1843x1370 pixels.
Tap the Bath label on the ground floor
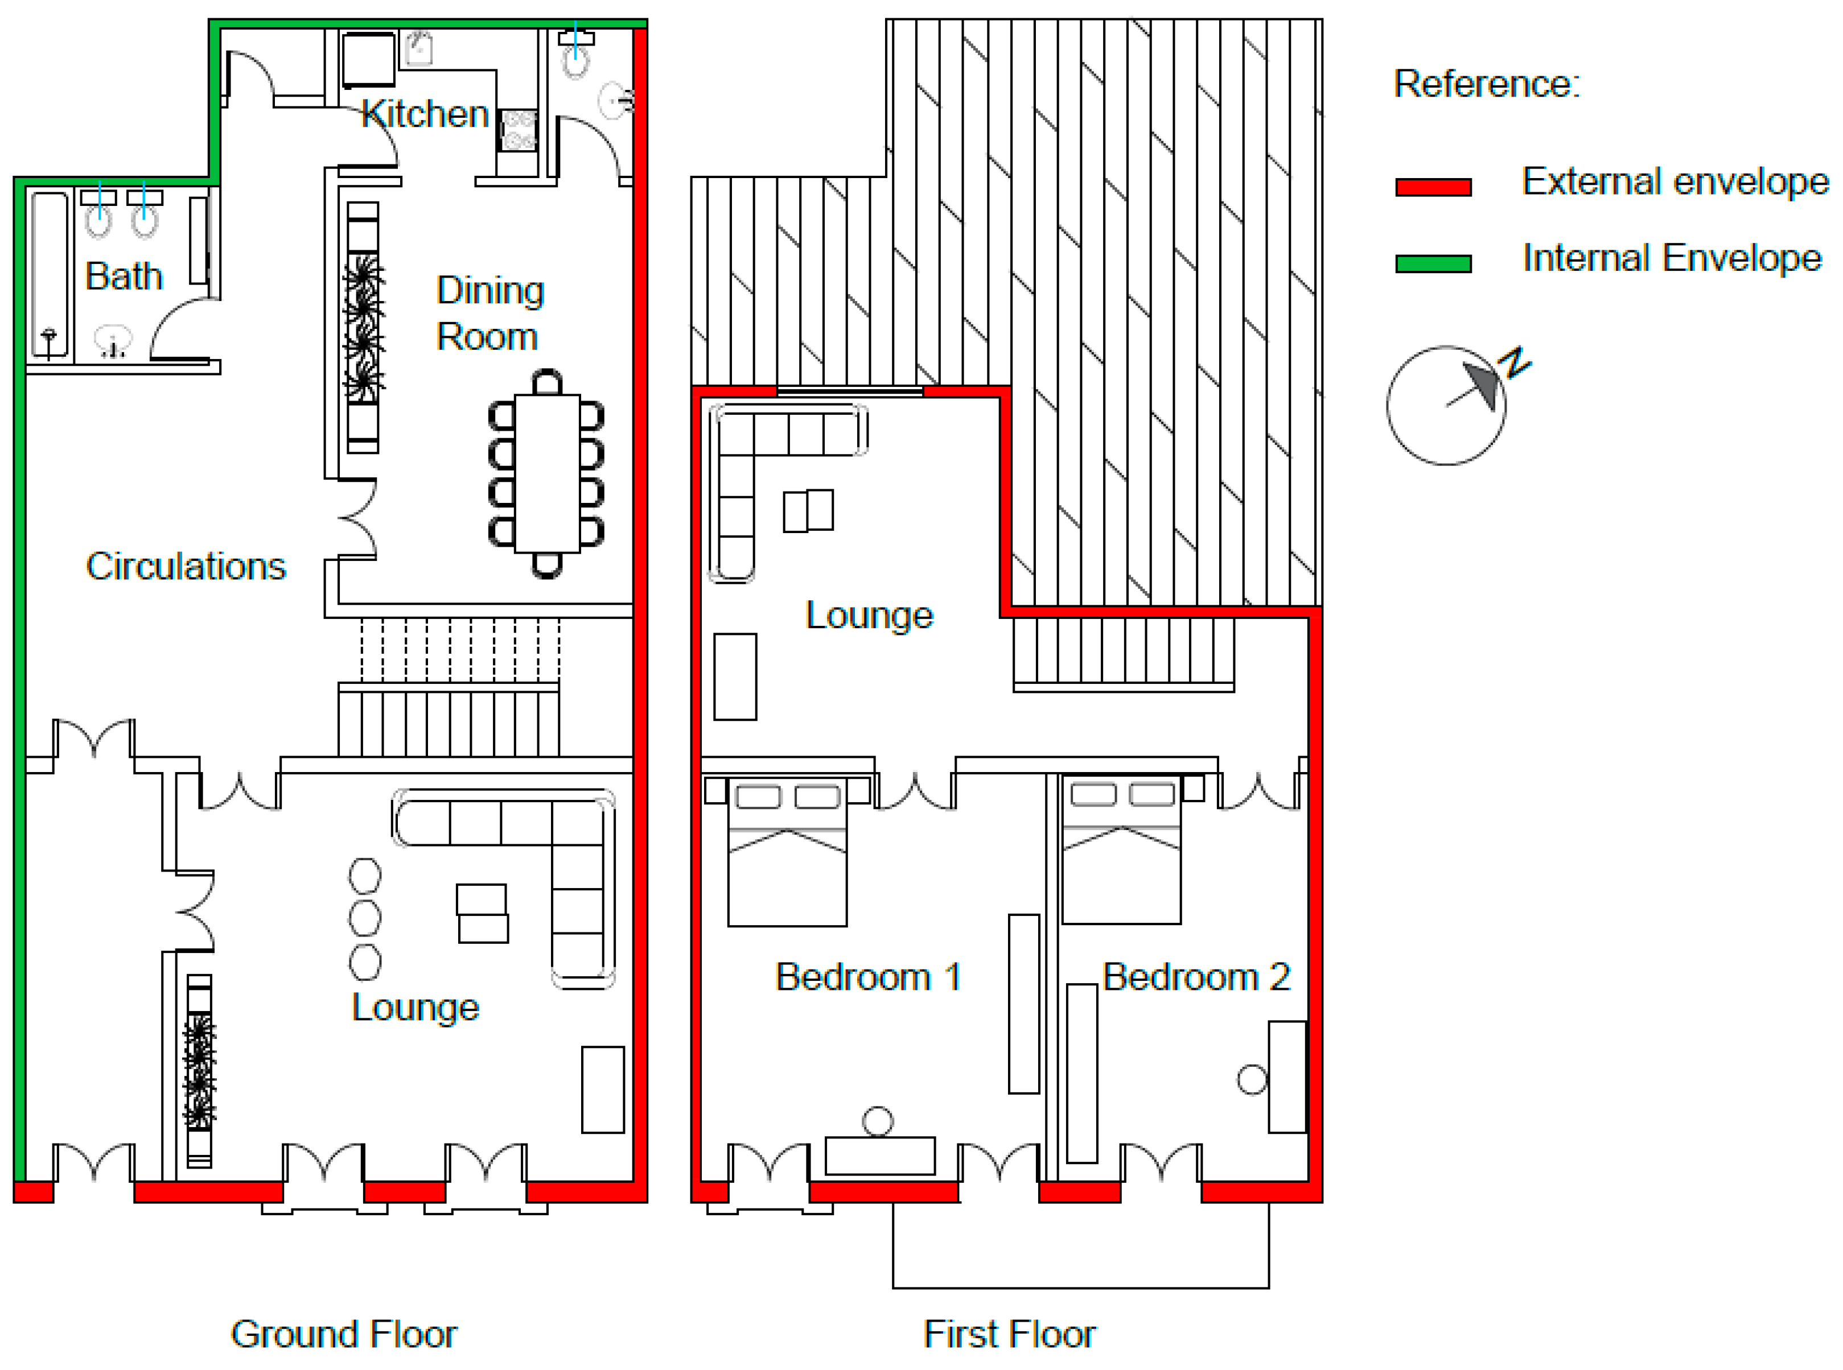tap(124, 276)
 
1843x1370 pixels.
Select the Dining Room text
tap(490, 313)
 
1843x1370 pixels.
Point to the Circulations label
tap(186, 567)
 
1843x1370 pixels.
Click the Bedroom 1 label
tap(867, 977)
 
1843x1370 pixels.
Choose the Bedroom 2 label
tap(1196, 977)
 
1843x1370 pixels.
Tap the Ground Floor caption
tap(343, 1334)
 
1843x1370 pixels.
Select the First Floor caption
tap(1009, 1334)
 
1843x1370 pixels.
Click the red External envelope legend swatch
tap(1433, 187)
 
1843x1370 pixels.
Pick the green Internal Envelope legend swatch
tap(1433, 264)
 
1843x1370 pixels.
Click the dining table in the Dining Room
tap(546, 473)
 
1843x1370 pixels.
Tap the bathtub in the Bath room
tap(50, 274)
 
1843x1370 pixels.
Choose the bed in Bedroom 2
tap(1121, 849)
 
